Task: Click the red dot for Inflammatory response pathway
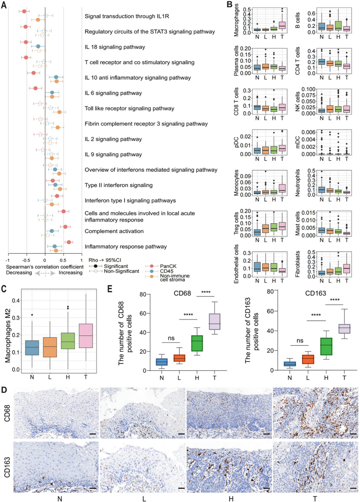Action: point(69,242)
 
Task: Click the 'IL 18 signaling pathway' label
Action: point(114,47)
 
